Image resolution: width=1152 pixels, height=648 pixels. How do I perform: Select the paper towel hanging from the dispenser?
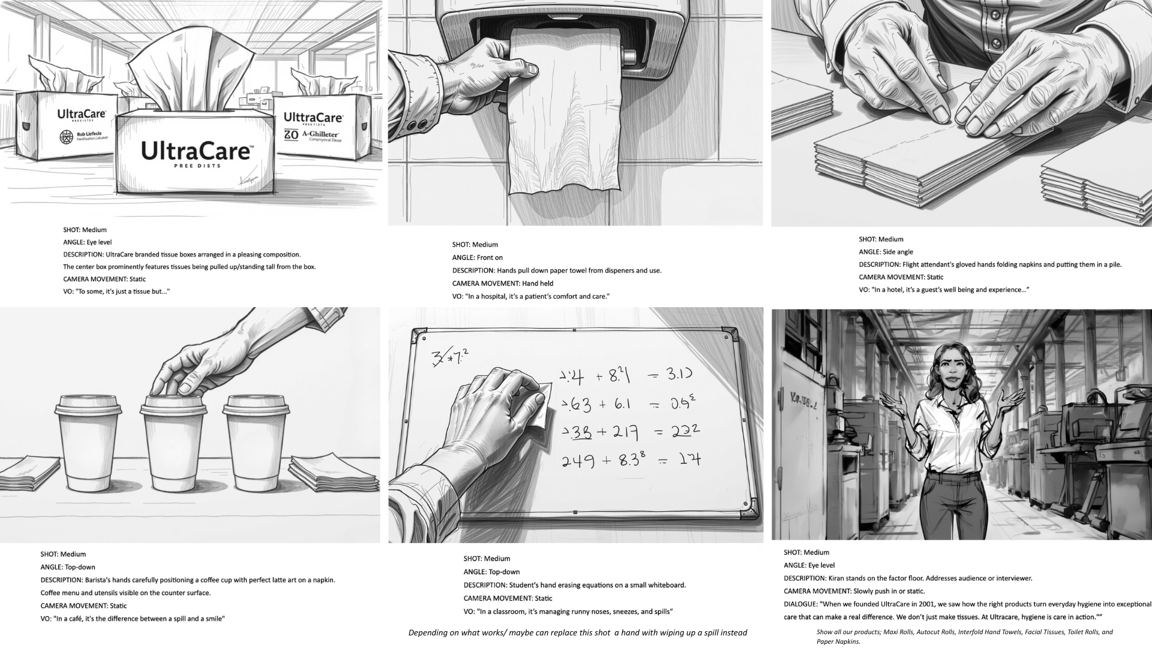pos(563,120)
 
